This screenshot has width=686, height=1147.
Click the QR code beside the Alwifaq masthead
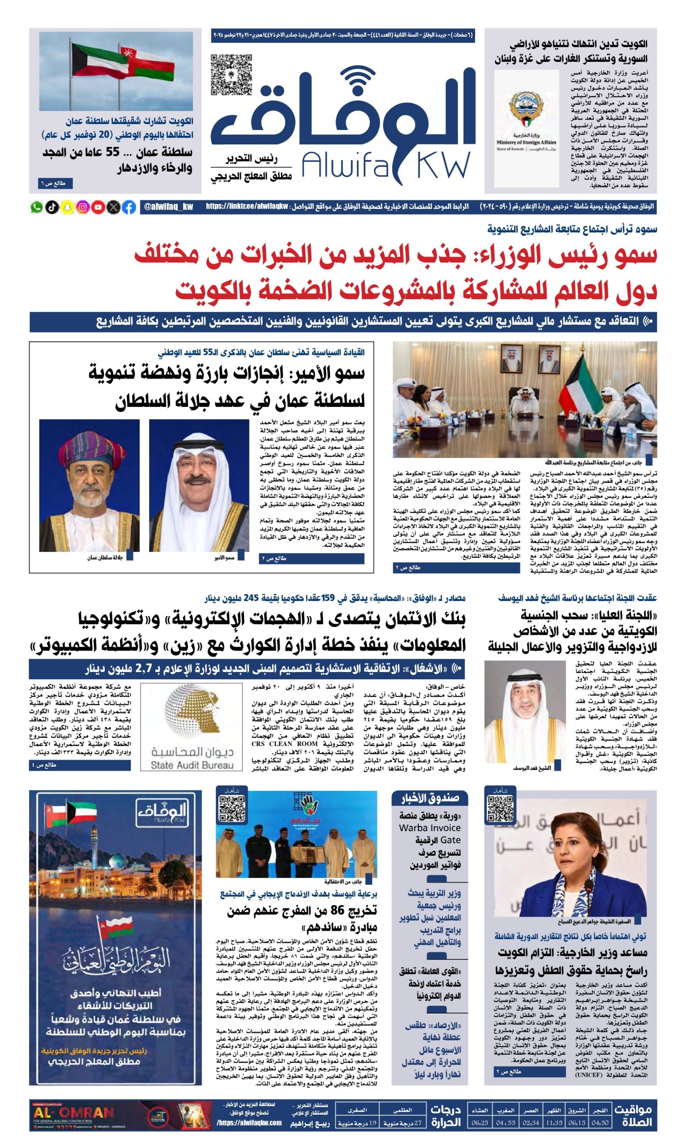coord(232,74)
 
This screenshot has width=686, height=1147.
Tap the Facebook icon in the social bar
coord(129,207)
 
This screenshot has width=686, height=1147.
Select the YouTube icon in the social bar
coord(98,207)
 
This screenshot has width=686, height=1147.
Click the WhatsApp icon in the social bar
coord(37,207)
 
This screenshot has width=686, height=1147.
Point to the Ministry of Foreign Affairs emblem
coord(526,108)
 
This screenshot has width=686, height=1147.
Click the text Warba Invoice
coord(429,828)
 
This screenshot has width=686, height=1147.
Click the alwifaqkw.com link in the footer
coord(249,1121)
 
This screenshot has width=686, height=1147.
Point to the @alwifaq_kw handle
coord(169,207)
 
